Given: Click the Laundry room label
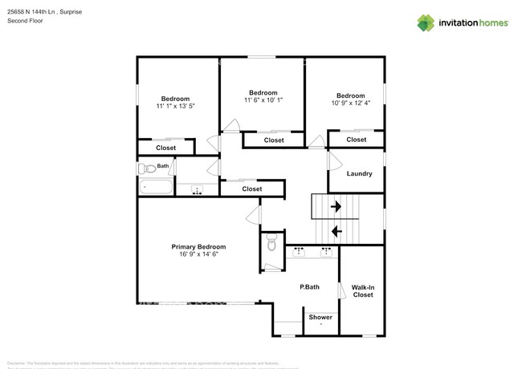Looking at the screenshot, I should (x=359, y=174).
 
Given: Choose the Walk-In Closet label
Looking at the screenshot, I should (x=363, y=290).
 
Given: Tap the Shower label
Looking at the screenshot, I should (x=320, y=317).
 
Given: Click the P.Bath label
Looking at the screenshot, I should (x=310, y=286).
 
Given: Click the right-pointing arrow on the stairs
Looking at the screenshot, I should (x=335, y=206).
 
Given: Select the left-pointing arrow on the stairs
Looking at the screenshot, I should (x=336, y=231).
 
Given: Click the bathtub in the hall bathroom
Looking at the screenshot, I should (x=156, y=189).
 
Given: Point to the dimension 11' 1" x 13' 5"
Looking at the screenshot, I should (x=175, y=106).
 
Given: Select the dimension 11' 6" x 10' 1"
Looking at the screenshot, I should (x=263, y=100).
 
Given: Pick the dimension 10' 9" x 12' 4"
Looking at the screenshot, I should (x=350, y=102).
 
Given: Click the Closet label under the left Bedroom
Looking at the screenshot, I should (x=166, y=148).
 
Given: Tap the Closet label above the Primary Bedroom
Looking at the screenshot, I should (x=252, y=189).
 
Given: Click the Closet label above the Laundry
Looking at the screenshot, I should (x=357, y=140).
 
